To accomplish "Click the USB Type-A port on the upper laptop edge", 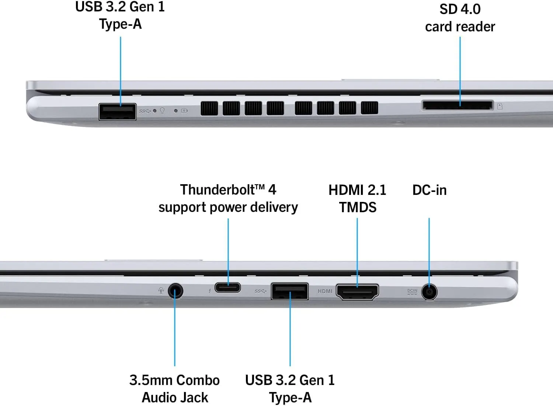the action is tap(117, 112).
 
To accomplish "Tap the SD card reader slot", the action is tap(458, 105).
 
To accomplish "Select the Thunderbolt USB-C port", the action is tap(227, 288).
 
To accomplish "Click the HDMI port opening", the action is tap(357, 292).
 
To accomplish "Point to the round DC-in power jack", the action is tap(429, 292).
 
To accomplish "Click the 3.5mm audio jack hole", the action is tap(175, 291).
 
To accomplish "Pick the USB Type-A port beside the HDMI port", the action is tap(289, 291).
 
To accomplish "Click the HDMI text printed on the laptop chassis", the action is tap(325, 291).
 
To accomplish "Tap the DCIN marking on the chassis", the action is tap(412, 292).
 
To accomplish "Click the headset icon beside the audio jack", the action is tap(161, 291).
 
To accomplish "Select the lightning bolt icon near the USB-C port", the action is tap(210, 291).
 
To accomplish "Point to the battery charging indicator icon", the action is tap(184, 111).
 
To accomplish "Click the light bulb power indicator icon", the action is tap(162, 111).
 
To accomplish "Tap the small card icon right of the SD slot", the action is tap(500, 106).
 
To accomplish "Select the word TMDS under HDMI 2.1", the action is tap(358, 207).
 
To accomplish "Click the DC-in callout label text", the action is tap(429, 190).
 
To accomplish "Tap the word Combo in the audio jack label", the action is tap(198, 380).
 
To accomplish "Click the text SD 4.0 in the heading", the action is tap(460, 9).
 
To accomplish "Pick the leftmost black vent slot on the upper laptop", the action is tap(209, 108).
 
